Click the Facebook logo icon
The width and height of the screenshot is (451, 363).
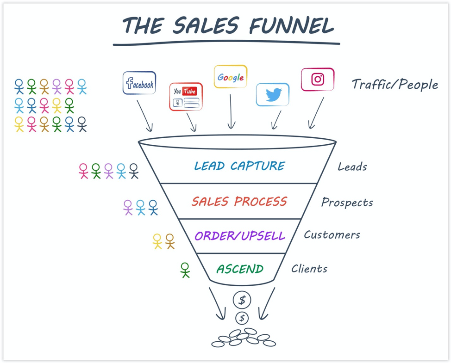(x=139, y=83)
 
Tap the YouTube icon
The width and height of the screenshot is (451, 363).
(x=186, y=97)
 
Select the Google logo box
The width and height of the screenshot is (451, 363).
(x=230, y=77)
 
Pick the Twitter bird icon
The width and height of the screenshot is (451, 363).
(x=273, y=95)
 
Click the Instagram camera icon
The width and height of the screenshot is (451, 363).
(x=318, y=80)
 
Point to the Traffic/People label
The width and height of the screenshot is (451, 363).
(x=395, y=85)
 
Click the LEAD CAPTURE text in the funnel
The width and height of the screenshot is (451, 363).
(x=239, y=166)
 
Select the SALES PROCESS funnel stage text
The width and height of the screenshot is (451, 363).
(x=239, y=202)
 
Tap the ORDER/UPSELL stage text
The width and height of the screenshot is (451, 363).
(x=239, y=236)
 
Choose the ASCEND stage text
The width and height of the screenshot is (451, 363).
(x=240, y=269)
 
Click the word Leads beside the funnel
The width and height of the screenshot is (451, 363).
(x=352, y=167)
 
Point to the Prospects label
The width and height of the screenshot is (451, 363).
(x=347, y=203)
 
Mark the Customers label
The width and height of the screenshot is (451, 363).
(x=332, y=235)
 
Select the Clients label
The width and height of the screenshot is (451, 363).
(x=309, y=269)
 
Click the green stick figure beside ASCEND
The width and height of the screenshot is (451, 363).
(x=185, y=270)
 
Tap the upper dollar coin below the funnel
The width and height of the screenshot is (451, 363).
(x=242, y=301)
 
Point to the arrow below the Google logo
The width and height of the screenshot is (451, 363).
(x=231, y=111)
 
